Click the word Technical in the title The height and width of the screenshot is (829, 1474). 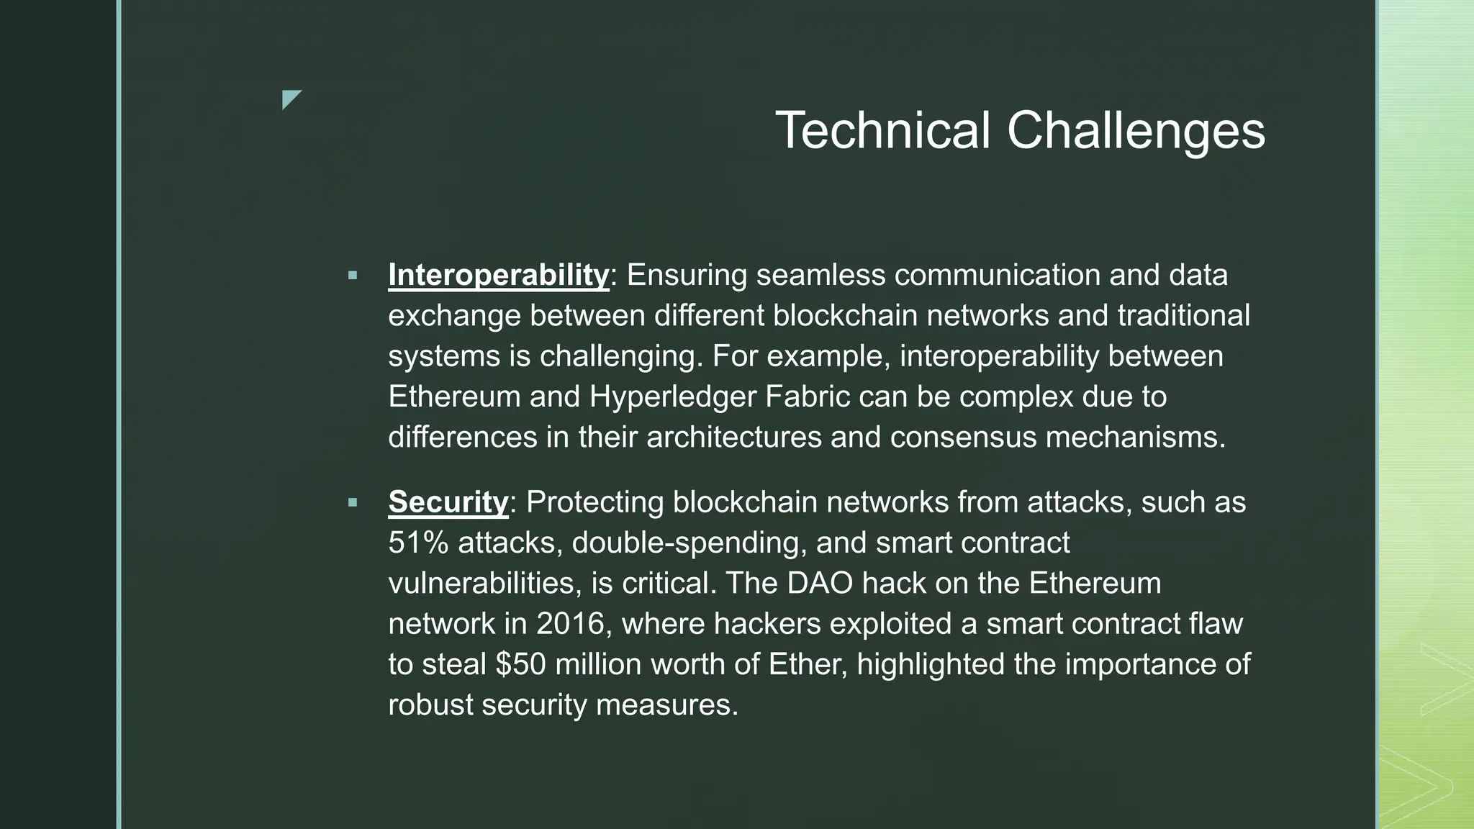(882, 130)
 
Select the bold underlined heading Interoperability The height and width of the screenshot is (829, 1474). (498, 275)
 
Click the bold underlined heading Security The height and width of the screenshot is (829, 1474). (448, 502)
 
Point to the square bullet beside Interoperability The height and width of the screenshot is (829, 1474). (352, 275)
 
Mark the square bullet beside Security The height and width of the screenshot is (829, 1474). (352, 502)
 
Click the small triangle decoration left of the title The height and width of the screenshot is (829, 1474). (291, 99)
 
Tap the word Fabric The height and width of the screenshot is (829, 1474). (808, 397)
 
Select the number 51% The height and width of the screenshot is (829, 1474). (418, 543)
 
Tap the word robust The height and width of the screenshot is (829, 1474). (430, 704)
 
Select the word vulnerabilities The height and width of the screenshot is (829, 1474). (484, 583)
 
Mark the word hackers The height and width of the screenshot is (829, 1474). (767, 623)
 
